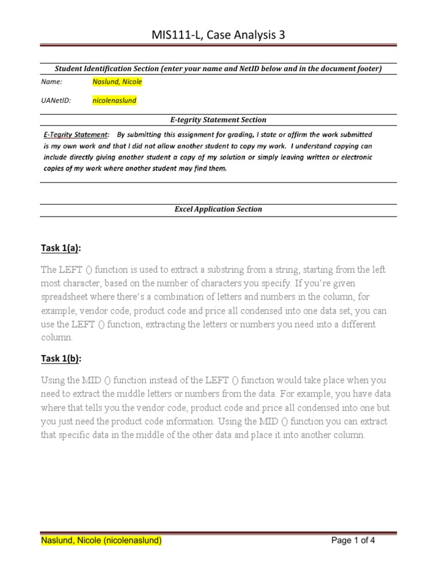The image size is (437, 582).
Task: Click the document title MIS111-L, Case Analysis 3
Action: [x=218, y=35]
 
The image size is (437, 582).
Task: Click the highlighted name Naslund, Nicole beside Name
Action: [x=117, y=81]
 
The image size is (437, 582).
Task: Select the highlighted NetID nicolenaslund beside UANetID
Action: [x=114, y=101]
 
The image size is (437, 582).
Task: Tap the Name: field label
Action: [x=52, y=81]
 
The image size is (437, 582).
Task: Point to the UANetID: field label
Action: [x=56, y=101]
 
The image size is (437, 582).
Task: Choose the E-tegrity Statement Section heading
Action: [x=218, y=120]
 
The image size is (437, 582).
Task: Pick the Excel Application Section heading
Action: [x=218, y=209]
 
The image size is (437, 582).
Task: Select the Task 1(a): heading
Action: [x=61, y=248]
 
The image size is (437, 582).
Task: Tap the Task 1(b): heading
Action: [x=61, y=359]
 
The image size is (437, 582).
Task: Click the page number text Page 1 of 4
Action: [x=353, y=541]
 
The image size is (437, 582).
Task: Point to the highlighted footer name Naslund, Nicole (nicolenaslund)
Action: [x=101, y=541]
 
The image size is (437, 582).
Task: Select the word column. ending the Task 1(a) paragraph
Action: [x=57, y=338]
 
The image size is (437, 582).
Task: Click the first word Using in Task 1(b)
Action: [x=53, y=380]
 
